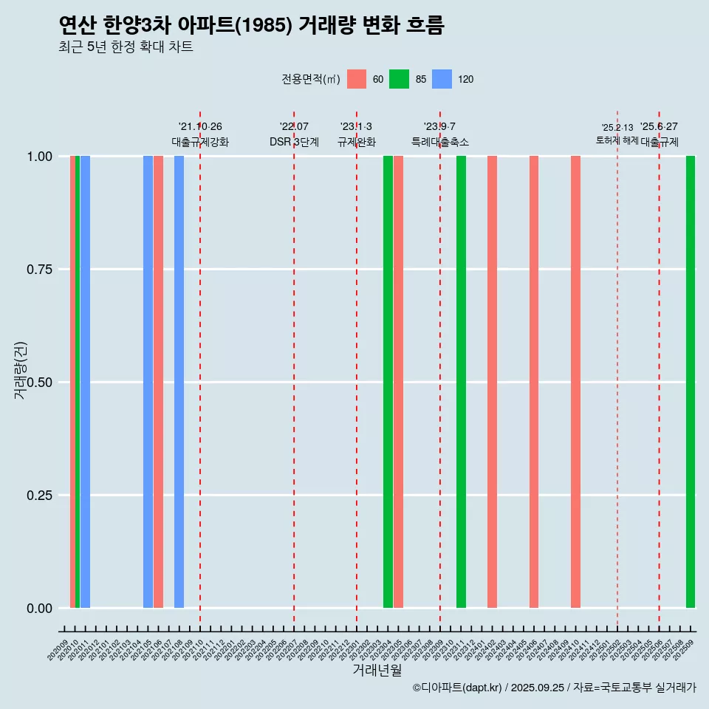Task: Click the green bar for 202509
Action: (691, 382)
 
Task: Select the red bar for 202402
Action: (492, 382)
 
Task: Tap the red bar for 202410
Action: (575, 382)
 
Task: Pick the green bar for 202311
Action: (461, 382)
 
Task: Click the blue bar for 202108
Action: (179, 382)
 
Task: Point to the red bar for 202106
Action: (158, 382)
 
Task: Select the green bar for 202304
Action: (388, 382)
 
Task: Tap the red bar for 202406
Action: (534, 382)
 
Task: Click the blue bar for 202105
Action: (148, 382)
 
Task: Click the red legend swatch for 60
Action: (357, 79)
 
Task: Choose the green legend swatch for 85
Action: (400, 79)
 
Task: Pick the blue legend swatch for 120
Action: (442, 79)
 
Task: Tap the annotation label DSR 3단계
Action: (294, 142)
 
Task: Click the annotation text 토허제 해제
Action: (617, 140)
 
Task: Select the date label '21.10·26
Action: (200, 126)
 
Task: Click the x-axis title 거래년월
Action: (377, 671)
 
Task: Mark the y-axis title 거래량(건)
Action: (21, 369)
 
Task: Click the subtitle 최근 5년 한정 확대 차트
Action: (126, 47)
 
